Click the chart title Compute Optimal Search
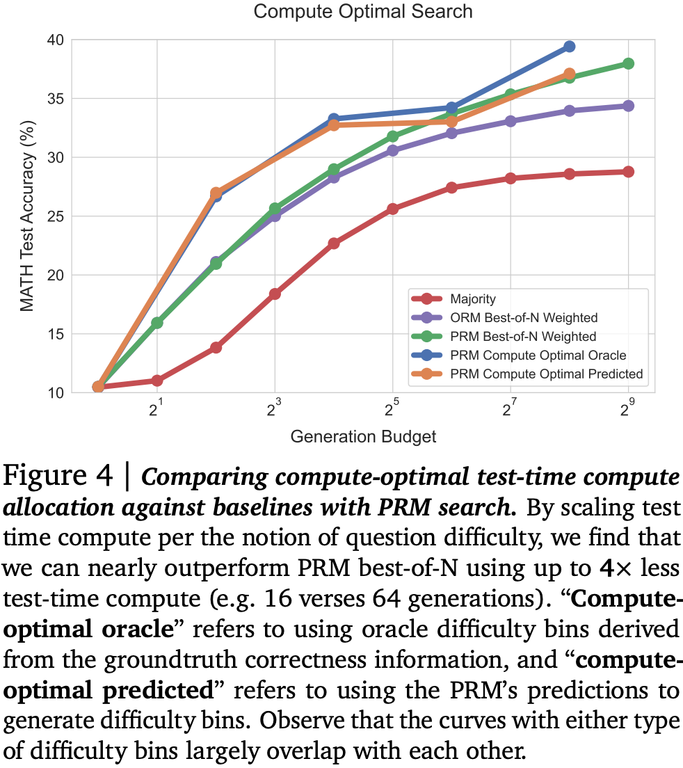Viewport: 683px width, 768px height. pyautogui.click(x=362, y=12)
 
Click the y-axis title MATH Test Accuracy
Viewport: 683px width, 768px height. pyautogui.click(x=26, y=216)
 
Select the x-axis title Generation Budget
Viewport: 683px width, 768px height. pyautogui.click(x=363, y=436)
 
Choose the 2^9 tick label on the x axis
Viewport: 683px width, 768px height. pyautogui.click(x=627, y=409)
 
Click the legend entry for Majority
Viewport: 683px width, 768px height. pyautogui.click(x=473, y=299)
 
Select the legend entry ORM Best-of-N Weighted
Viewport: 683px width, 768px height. pyautogui.click(x=524, y=318)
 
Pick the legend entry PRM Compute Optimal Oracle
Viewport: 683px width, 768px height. pyautogui.click(x=538, y=355)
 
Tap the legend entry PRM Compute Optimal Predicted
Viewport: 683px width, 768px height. pyautogui.click(x=546, y=374)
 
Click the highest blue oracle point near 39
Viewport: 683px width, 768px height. pyautogui.click(x=569, y=47)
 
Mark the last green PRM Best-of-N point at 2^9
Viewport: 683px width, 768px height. pyautogui.click(x=628, y=63)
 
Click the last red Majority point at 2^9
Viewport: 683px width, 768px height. pyautogui.click(x=628, y=172)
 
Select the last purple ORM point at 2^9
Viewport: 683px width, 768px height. pyautogui.click(x=628, y=106)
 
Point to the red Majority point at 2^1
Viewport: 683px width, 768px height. pyautogui.click(x=157, y=381)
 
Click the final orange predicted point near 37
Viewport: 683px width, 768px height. pyautogui.click(x=569, y=74)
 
